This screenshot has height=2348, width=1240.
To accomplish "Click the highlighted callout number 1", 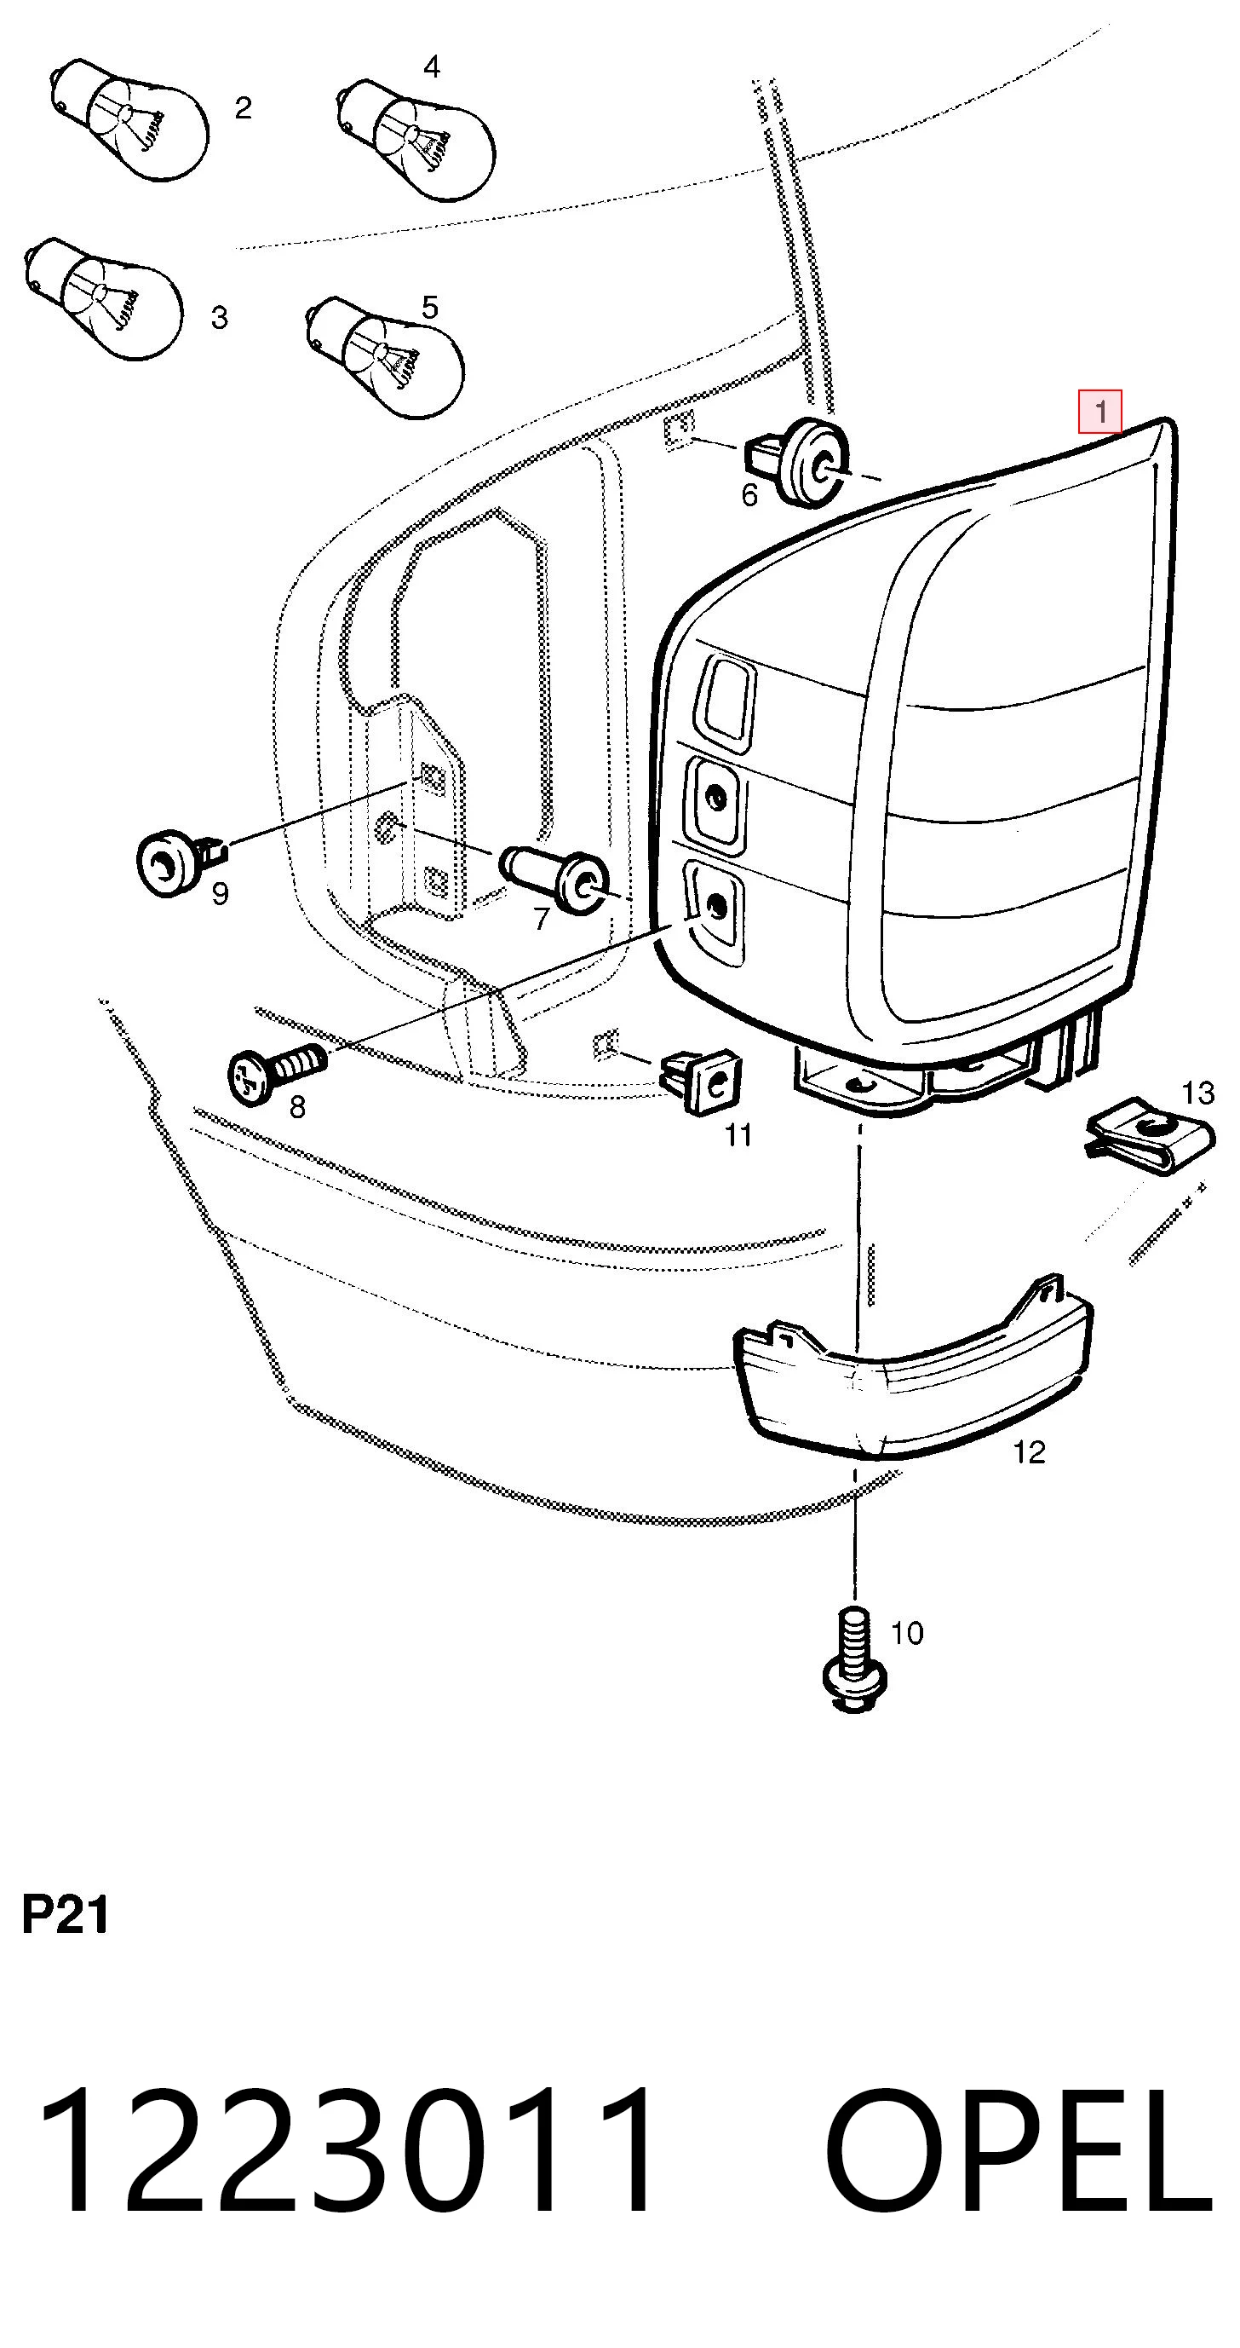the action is point(1099,412).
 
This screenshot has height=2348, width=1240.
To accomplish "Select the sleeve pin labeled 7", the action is point(555,879).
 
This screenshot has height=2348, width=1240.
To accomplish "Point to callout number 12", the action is point(1030,1452).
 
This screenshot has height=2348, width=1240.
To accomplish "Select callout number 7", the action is point(542,919).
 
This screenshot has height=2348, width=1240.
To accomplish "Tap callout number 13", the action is point(1198,1093).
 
